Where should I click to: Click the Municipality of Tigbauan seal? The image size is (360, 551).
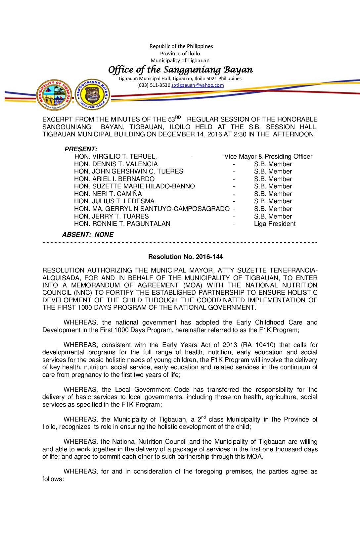coord(54,95)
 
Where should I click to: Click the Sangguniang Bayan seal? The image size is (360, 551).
coord(92,95)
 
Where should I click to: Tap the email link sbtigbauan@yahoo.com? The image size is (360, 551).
coord(198,85)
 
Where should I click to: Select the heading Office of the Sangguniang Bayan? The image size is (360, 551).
coord(180,70)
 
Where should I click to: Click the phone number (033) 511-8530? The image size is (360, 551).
coord(154,85)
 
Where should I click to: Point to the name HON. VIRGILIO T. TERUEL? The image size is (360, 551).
coord(115,156)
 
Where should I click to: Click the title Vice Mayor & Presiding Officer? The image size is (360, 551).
coord(268,156)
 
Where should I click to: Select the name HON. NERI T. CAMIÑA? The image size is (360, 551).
coord(108,194)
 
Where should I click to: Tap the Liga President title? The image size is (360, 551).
coord(275,224)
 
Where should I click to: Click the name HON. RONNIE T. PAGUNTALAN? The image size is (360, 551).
coord(122,224)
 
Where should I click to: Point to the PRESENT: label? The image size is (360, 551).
coord(81,149)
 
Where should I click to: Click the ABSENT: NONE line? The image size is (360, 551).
coord(88,234)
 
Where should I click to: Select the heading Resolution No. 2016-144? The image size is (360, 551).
coord(185,257)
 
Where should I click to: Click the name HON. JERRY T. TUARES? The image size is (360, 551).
coord(112,216)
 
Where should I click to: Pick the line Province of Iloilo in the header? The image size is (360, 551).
coord(180,53)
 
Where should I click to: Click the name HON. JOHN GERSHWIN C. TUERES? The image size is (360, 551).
coord(129,171)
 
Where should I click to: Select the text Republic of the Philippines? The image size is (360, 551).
coord(181,46)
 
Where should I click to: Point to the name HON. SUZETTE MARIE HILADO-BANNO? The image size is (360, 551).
coord(135,186)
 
